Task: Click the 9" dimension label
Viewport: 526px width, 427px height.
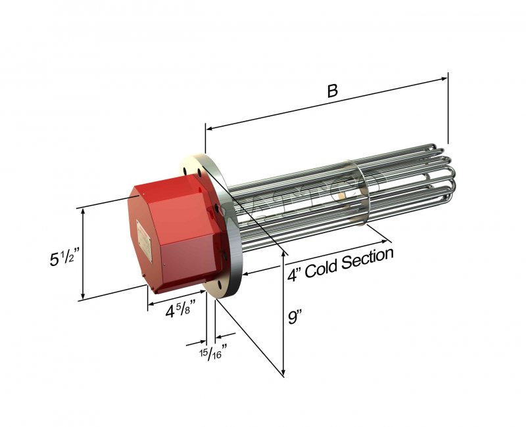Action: [297, 319]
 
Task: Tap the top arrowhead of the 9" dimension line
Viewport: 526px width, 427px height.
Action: [283, 252]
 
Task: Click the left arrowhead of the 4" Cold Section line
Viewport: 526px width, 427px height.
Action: [246, 273]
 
